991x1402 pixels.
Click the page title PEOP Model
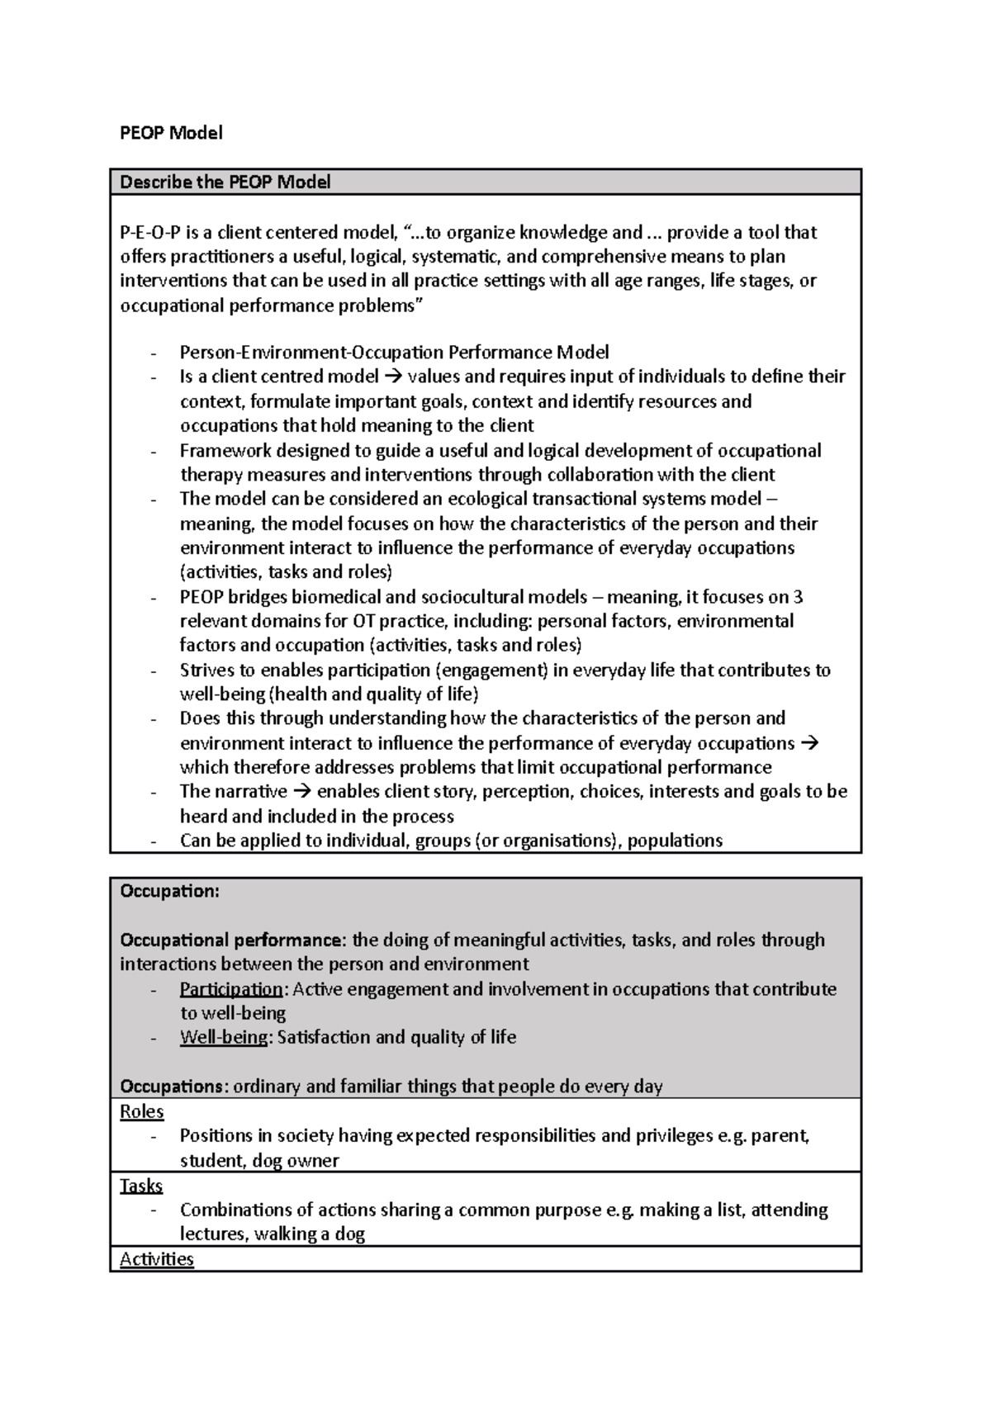(x=171, y=133)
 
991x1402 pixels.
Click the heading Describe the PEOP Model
(x=225, y=182)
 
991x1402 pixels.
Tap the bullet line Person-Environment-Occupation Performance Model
(x=394, y=353)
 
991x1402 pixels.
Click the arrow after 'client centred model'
(x=392, y=377)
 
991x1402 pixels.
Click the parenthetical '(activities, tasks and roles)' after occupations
(x=286, y=572)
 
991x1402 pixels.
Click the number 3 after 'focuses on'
(x=798, y=597)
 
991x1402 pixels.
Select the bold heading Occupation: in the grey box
(x=169, y=891)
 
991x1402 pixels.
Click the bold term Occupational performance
(x=230, y=940)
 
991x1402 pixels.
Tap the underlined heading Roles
(x=142, y=1112)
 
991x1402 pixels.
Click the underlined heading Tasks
(x=141, y=1186)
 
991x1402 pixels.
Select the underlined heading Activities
(x=157, y=1259)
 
